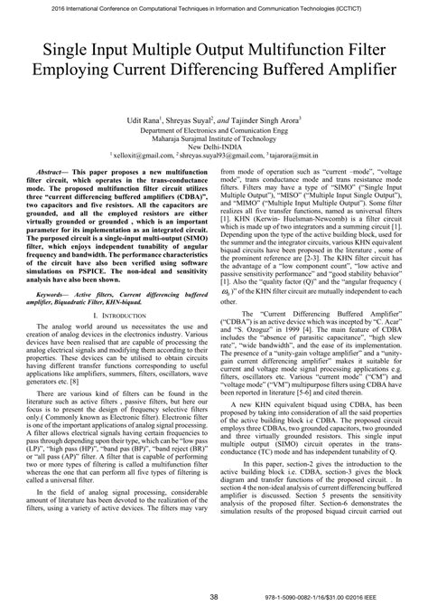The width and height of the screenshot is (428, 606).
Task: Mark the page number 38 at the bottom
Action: (x=213, y=596)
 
